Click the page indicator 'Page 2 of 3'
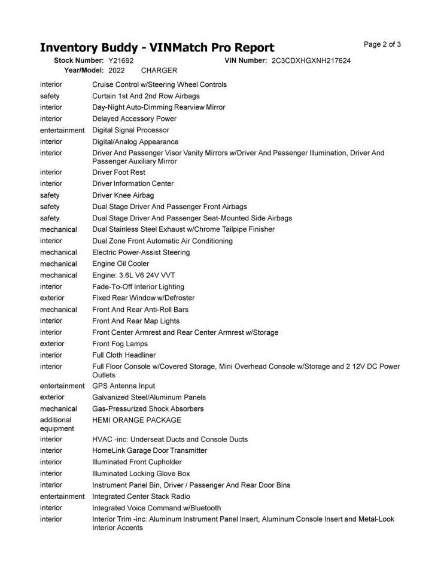[x=382, y=44]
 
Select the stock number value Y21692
[x=121, y=61]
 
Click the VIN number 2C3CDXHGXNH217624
[x=311, y=61]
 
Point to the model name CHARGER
[x=159, y=71]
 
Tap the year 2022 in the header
[x=117, y=71]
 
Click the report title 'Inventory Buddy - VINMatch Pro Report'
[x=157, y=48]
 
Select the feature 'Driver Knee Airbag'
[x=123, y=195]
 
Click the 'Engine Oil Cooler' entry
[x=121, y=264]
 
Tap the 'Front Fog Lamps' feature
[x=120, y=344]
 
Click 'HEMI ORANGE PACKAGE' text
[x=136, y=420]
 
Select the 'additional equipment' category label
[x=57, y=425]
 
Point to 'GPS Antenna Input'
[x=123, y=386]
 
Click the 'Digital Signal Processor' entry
[x=130, y=130]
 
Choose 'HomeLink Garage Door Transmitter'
[x=150, y=450]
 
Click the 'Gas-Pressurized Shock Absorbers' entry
[x=148, y=408]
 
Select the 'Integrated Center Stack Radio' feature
[x=141, y=497]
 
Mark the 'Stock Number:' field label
[x=79, y=61]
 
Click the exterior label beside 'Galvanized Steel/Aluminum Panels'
[x=53, y=397]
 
